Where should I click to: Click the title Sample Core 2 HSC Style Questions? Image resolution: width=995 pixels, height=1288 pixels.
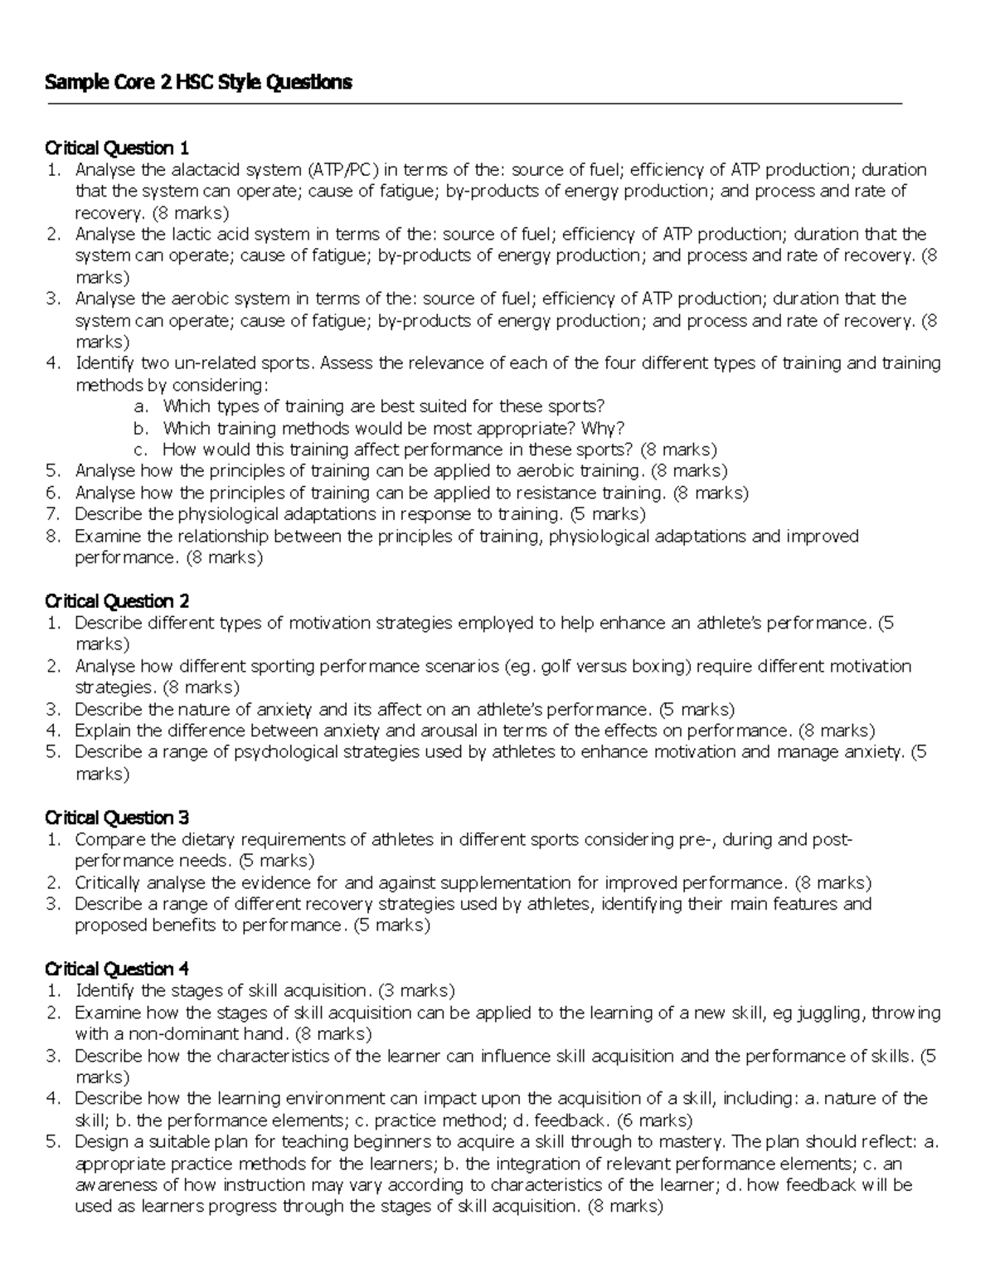coord(198,82)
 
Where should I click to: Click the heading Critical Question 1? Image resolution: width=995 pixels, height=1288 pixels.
coord(117,148)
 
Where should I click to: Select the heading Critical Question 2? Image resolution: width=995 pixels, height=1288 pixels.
coord(117,601)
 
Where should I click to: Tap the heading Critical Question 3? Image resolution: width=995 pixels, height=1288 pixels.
coord(117,818)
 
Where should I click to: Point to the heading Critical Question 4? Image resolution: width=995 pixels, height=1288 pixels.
coord(117,969)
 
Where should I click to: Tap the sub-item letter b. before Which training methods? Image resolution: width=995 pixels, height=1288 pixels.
coord(141,428)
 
